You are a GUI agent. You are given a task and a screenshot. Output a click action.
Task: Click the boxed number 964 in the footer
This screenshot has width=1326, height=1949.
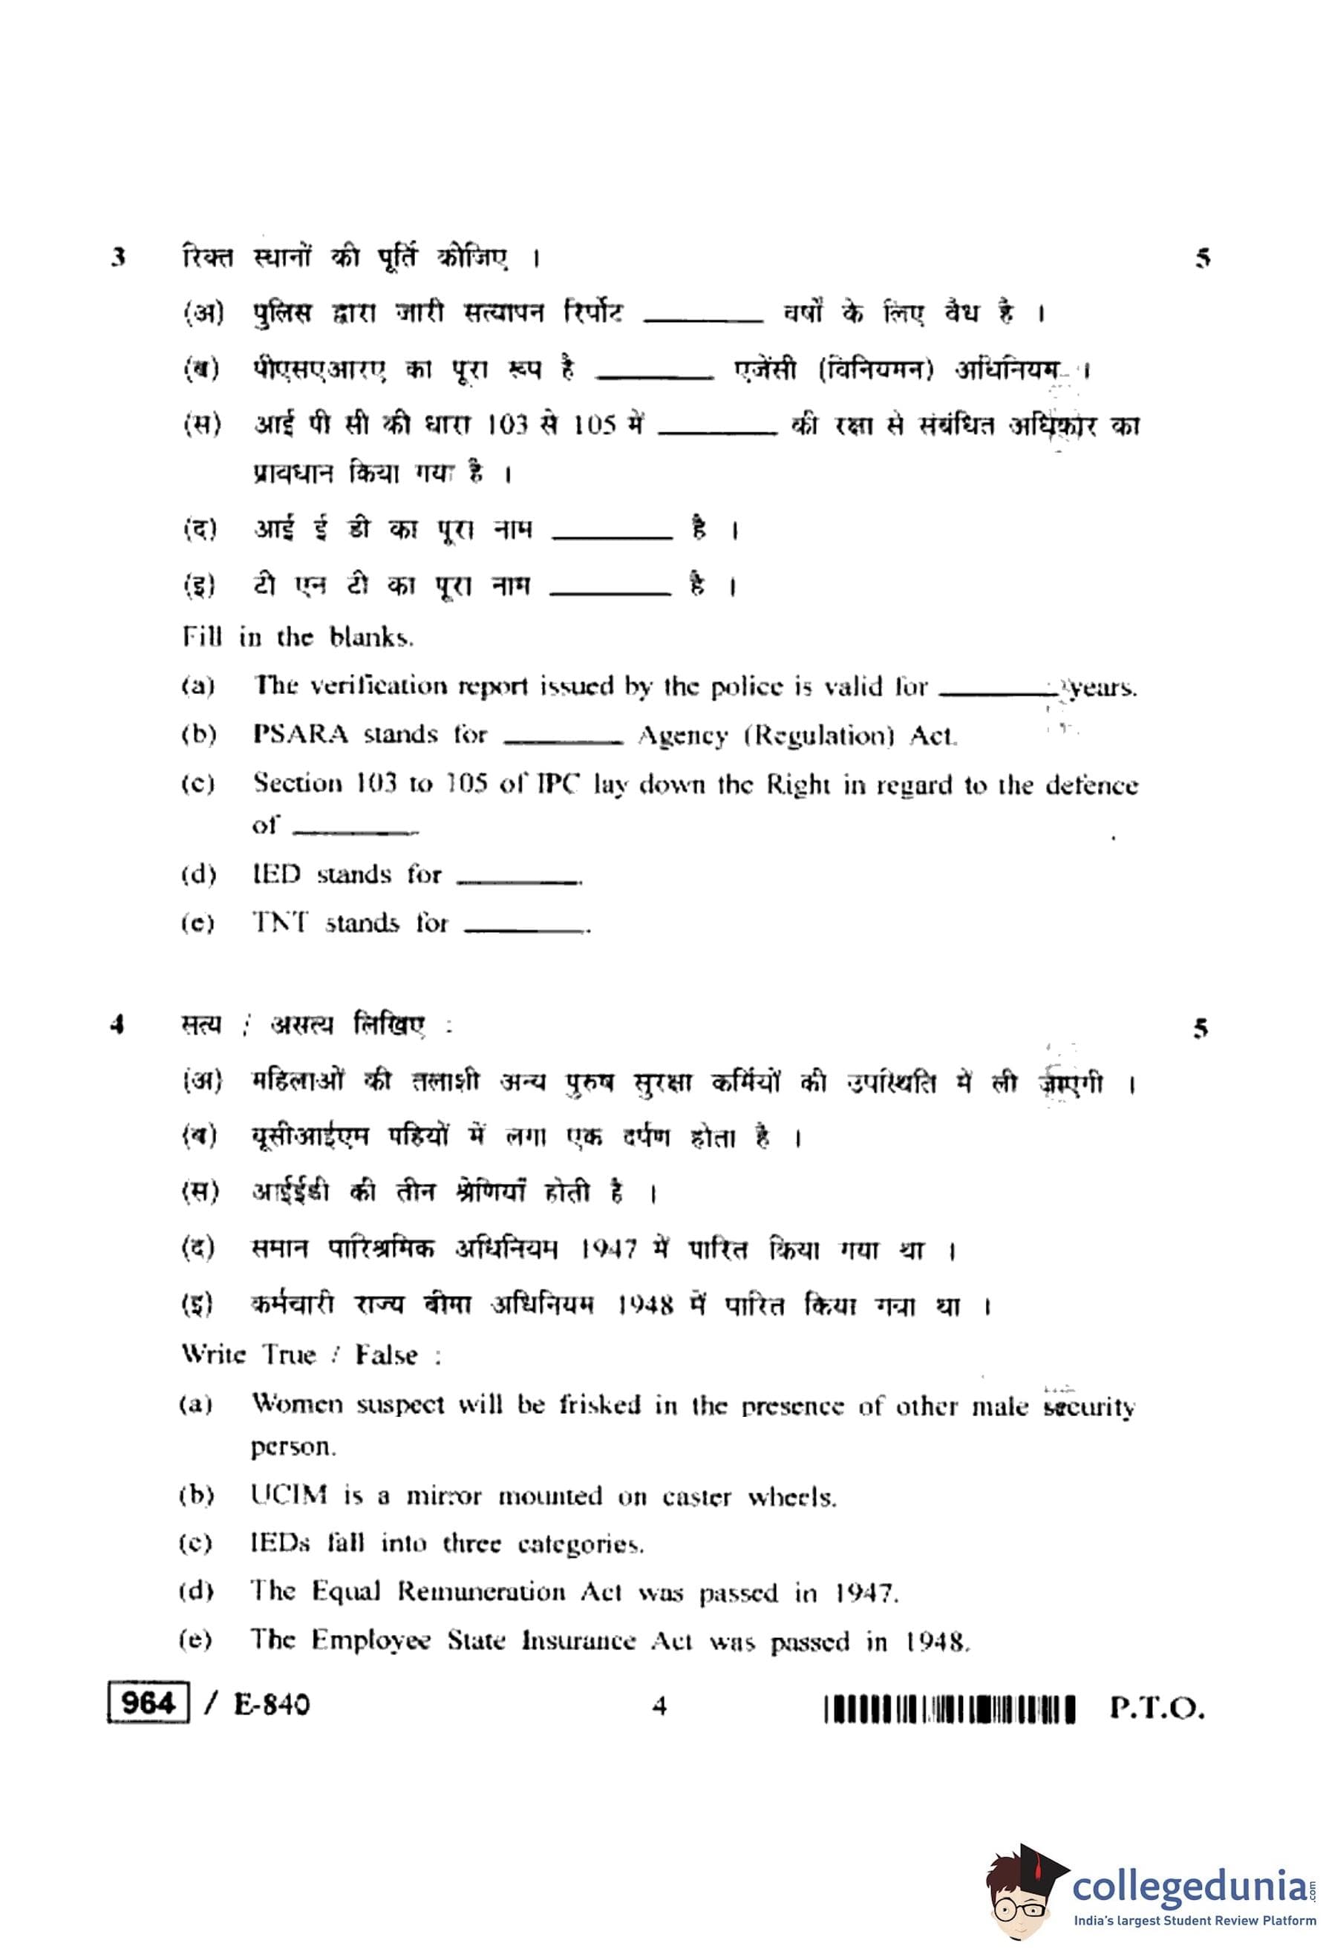coord(148,1703)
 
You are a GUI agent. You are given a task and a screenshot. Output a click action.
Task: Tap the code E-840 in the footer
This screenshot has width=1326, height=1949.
coord(271,1704)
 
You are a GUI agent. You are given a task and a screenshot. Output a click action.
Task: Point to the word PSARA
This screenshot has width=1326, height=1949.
coord(300,735)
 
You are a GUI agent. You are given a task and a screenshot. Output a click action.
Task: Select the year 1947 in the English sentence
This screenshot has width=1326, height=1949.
coord(865,1593)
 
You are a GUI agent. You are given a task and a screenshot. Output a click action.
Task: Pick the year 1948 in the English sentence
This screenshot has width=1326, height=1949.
coord(937,1641)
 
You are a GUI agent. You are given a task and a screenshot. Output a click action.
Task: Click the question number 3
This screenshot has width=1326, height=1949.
coord(118,257)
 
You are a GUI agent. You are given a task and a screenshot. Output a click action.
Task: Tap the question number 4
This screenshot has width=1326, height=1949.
coord(117,1024)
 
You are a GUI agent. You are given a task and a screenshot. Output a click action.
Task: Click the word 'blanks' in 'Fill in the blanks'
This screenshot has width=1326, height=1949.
coord(370,638)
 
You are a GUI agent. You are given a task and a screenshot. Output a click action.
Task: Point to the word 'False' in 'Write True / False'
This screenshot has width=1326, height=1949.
coord(386,1355)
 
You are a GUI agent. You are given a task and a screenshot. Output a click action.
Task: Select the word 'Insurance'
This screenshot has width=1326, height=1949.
coord(578,1640)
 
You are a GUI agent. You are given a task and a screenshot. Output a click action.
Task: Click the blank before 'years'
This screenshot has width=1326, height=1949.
coord(996,691)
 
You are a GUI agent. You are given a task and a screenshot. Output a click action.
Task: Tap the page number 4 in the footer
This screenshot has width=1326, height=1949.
coord(659,1706)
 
